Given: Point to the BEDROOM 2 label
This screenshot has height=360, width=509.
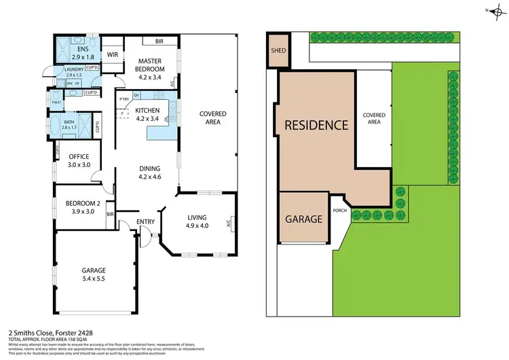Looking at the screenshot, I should pos(82,206).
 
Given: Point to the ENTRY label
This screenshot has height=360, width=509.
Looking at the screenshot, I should pos(145,221).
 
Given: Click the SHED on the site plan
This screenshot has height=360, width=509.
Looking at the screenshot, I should pos(278,50).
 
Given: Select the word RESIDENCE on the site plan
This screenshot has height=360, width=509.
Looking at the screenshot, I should pos(316,125).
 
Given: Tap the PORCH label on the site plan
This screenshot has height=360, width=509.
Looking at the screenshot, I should pos(340,210).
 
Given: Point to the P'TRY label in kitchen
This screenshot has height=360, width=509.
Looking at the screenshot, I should pos(124,100).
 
